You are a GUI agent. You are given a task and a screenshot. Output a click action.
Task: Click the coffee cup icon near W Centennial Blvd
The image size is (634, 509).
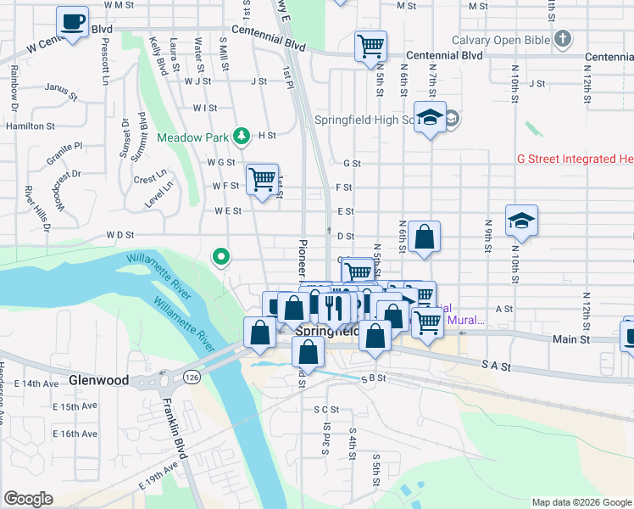[x=73, y=23]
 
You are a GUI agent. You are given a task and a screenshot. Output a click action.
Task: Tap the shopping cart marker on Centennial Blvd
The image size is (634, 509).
[x=370, y=47]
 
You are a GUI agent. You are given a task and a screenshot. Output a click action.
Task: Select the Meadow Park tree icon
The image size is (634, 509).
[x=242, y=136]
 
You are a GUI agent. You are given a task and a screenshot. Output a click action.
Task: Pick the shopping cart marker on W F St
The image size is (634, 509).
[x=263, y=181]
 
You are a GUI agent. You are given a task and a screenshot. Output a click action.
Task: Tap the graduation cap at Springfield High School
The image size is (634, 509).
[x=431, y=120]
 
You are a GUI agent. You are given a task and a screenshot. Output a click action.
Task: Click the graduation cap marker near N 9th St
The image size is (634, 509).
[x=522, y=221]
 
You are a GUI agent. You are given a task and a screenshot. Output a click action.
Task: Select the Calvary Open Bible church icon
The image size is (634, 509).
[x=563, y=39]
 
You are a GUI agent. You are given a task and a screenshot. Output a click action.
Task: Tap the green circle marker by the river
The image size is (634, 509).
[x=221, y=255]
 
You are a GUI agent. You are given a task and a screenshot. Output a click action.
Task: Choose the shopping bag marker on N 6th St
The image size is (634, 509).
[x=425, y=238]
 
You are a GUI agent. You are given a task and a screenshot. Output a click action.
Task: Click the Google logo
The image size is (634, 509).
[x=28, y=499]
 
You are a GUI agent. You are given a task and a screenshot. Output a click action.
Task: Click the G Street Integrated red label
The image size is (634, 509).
[x=576, y=159]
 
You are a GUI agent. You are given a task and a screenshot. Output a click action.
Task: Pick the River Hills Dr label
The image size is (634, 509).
[x=37, y=208]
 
